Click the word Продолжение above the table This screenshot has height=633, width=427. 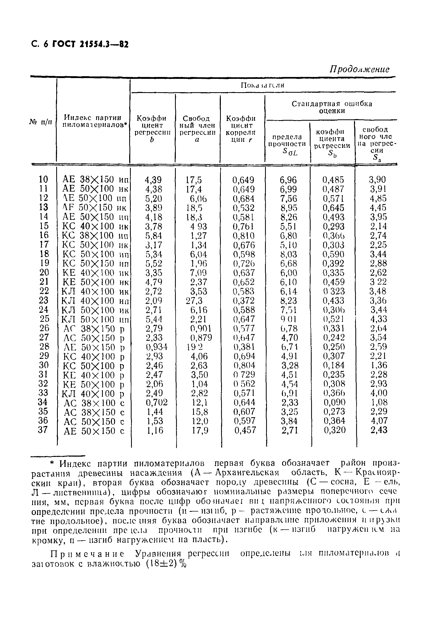pos(360,70)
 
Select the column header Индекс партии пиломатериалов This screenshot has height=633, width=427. pos(93,121)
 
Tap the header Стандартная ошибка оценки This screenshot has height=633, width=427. pos(332,107)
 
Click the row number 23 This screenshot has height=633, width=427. pos(44,301)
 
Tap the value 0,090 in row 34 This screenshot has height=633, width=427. pos(334,402)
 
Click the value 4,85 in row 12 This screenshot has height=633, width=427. pos(378,198)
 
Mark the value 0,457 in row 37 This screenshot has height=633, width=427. pos(245,430)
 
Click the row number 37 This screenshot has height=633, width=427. pos(43,430)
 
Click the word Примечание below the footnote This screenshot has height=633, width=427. pos(87,554)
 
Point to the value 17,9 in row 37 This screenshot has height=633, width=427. pos(200,430)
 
